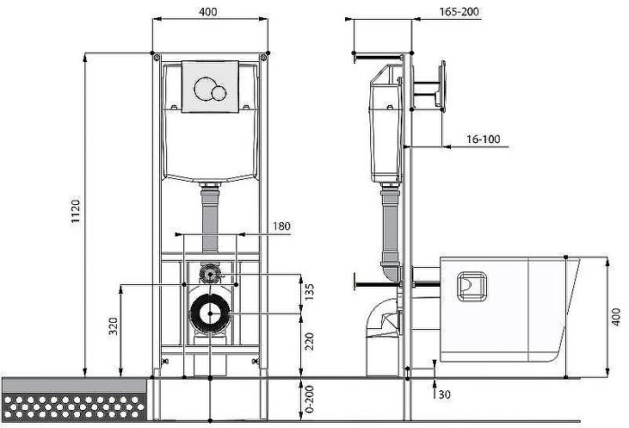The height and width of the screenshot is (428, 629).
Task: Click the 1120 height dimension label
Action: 75,210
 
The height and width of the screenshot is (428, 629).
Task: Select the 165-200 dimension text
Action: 459,12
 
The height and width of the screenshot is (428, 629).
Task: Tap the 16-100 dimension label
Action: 483,139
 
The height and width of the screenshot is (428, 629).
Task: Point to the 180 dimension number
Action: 281,226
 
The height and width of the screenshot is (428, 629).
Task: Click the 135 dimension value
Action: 309,292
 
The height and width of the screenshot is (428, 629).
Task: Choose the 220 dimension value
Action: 309,342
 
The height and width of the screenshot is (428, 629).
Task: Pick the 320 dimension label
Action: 113,326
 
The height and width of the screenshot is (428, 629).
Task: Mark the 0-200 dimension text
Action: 309,399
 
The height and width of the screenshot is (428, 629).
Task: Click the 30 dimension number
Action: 444,395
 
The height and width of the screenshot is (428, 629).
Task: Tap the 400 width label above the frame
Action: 208,12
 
